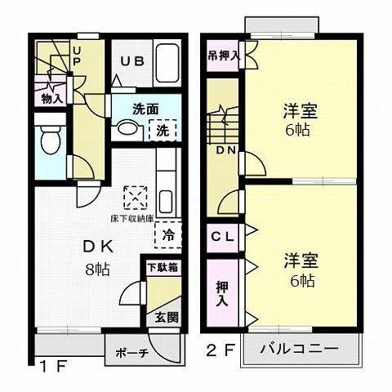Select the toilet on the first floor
[x=50, y=139]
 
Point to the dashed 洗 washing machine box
[x=163, y=129]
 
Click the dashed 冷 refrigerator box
[x=167, y=234]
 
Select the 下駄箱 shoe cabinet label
[x=163, y=267]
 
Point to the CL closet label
[x=222, y=236]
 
